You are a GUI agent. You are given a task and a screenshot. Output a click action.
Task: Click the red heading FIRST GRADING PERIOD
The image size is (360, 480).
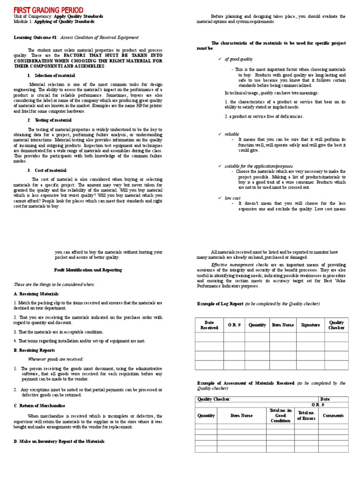click(x=49, y=10)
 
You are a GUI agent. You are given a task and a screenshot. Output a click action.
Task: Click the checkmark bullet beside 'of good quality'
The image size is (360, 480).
click(x=220, y=59)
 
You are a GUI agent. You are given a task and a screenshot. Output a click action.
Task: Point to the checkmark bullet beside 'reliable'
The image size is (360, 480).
click(x=220, y=134)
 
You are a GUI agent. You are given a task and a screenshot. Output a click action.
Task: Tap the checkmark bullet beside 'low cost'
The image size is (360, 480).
click(x=220, y=198)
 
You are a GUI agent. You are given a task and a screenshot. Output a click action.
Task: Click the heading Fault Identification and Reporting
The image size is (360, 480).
click(x=88, y=270)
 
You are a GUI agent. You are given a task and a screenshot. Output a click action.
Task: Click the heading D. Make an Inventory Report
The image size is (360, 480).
click(x=59, y=441)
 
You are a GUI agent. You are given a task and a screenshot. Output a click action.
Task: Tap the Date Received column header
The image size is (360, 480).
click(x=209, y=325)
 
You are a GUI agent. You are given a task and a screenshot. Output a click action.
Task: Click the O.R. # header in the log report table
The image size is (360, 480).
click(x=234, y=325)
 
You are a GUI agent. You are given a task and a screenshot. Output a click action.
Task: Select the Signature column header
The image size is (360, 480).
click(x=310, y=325)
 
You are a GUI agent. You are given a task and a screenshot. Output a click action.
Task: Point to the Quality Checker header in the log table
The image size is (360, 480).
click(x=336, y=325)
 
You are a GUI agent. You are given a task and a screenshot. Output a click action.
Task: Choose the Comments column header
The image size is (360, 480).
click(x=333, y=415)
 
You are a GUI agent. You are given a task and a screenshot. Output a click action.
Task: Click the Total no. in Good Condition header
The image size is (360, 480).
click(x=280, y=415)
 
